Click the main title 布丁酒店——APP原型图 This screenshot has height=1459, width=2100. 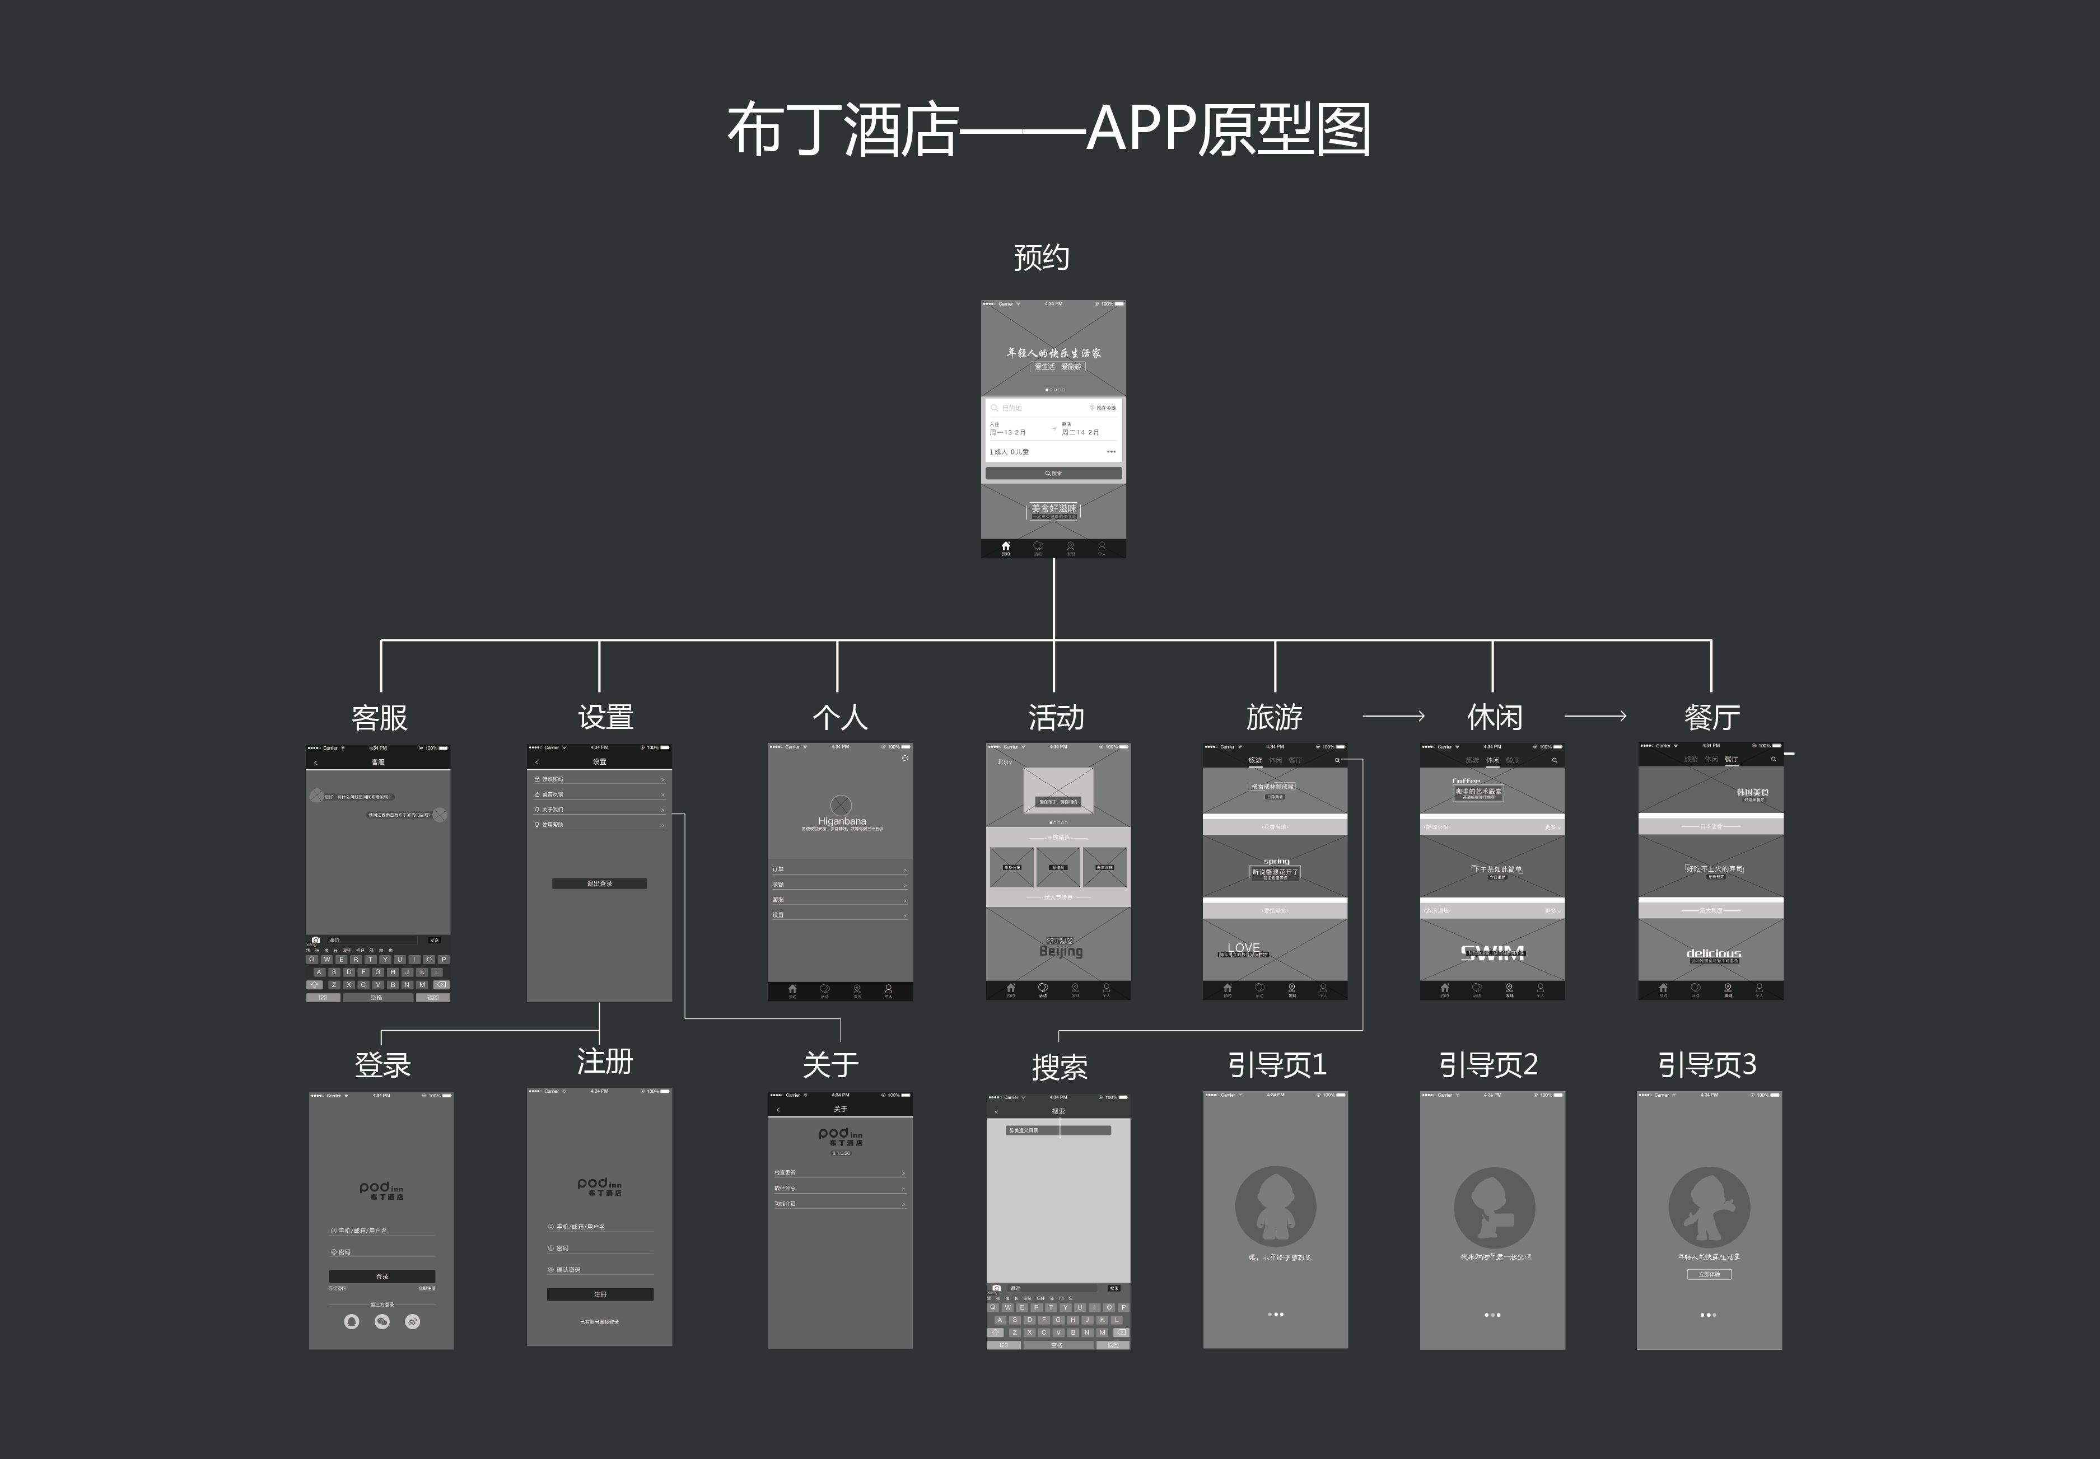(x=1049, y=130)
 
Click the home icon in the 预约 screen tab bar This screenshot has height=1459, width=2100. (x=1006, y=546)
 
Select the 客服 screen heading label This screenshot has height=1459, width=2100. (x=380, y=718)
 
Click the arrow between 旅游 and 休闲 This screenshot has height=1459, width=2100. (x=1393, y=716)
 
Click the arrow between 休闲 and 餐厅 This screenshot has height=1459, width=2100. (x=1595, y=716)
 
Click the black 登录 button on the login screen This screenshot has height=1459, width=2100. (x=381, y=1276)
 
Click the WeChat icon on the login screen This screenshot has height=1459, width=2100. (x=382, y=1322)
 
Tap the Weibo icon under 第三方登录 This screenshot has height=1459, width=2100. (x=412, y=1322)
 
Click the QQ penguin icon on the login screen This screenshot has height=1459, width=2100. (x=351, y=1322)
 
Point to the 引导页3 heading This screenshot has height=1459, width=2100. (x=1707, y=1065)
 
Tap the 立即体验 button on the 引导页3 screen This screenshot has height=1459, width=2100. (x=1709, y=1274)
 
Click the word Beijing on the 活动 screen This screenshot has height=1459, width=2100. (x=1061, y=951)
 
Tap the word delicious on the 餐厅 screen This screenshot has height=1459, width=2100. (x=1713, y=953)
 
